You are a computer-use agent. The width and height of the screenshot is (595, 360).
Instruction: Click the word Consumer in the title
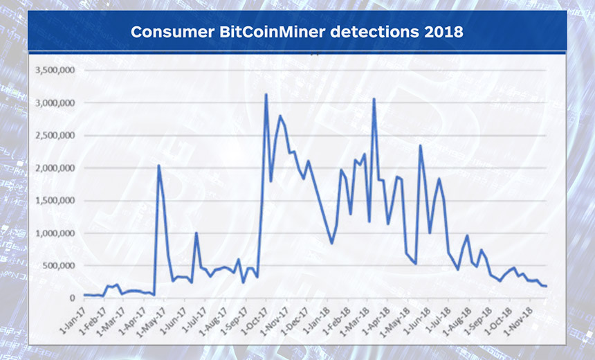click(x=172, y=32)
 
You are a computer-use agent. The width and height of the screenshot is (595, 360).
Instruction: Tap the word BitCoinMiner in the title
click(x=272, y=32)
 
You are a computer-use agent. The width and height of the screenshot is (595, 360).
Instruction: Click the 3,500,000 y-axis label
click(x=55, y=70)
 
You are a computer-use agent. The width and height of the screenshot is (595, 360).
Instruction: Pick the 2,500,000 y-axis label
click(x=55, y=136)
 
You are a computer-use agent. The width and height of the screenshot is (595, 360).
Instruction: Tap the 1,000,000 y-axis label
click(x=55, y=233)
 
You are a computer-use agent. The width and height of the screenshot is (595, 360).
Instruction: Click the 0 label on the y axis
click(x=72, y=298)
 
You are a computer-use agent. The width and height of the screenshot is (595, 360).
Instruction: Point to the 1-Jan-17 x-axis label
click(x=73, y=320)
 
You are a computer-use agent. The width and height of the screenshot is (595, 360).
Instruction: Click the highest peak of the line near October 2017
click(x=266, y=95)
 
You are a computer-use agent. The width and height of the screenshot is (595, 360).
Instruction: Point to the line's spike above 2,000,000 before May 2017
click(x=158, y=165)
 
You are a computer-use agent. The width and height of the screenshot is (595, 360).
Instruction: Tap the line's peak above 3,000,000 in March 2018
click(x=374, y=99)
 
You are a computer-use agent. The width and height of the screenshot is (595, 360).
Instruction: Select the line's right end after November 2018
click(x=546, y=287)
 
